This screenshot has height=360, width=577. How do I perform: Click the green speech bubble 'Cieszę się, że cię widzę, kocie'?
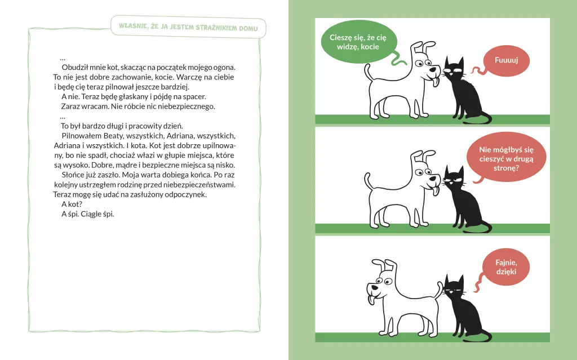[x=359, y=42]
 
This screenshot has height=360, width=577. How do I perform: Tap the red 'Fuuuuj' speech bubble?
[x=506, y=60]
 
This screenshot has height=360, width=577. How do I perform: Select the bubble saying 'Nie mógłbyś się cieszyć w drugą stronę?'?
[x=506, y=158]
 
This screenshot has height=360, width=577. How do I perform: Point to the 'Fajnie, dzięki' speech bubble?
[x=506, y=267]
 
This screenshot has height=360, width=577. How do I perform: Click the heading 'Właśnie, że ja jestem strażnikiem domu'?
[x=188, y=27]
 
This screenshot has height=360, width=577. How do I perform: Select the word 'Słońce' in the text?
[x=72, y=175]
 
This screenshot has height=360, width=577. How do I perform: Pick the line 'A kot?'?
[x=72, y=204]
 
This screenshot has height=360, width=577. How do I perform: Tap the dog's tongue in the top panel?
[x=436, y=81]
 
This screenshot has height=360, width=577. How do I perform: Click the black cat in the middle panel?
[x=464, y=199]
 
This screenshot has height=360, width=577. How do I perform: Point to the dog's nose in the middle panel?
[x=437, y=179]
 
